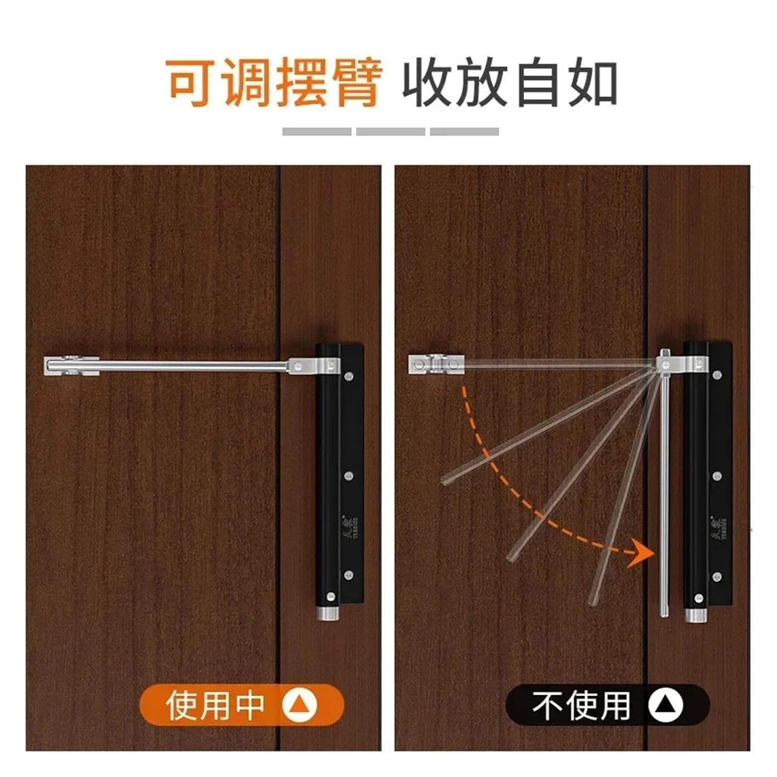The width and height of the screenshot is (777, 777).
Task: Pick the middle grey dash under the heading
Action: [391, 132]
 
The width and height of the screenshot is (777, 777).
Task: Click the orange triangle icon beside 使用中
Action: [300, 705]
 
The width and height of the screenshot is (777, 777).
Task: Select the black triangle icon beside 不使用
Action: [666, 705]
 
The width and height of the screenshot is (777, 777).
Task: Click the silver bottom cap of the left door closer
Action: [327, 615]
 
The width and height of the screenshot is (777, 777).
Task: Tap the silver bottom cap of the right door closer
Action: [696, 615]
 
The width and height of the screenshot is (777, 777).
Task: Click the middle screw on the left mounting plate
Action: [349, 475]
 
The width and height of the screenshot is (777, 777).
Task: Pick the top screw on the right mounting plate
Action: [717, 374]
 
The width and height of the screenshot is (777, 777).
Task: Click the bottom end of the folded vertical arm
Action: [664, 612]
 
